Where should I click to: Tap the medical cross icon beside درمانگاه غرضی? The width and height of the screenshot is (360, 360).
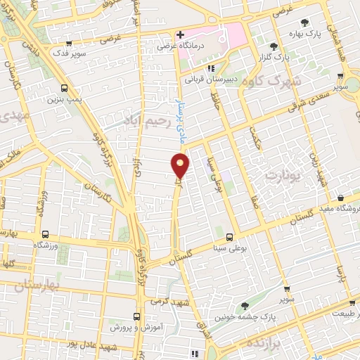coord(181,34)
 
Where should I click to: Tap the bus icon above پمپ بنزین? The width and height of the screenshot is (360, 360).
coord(65,88)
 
